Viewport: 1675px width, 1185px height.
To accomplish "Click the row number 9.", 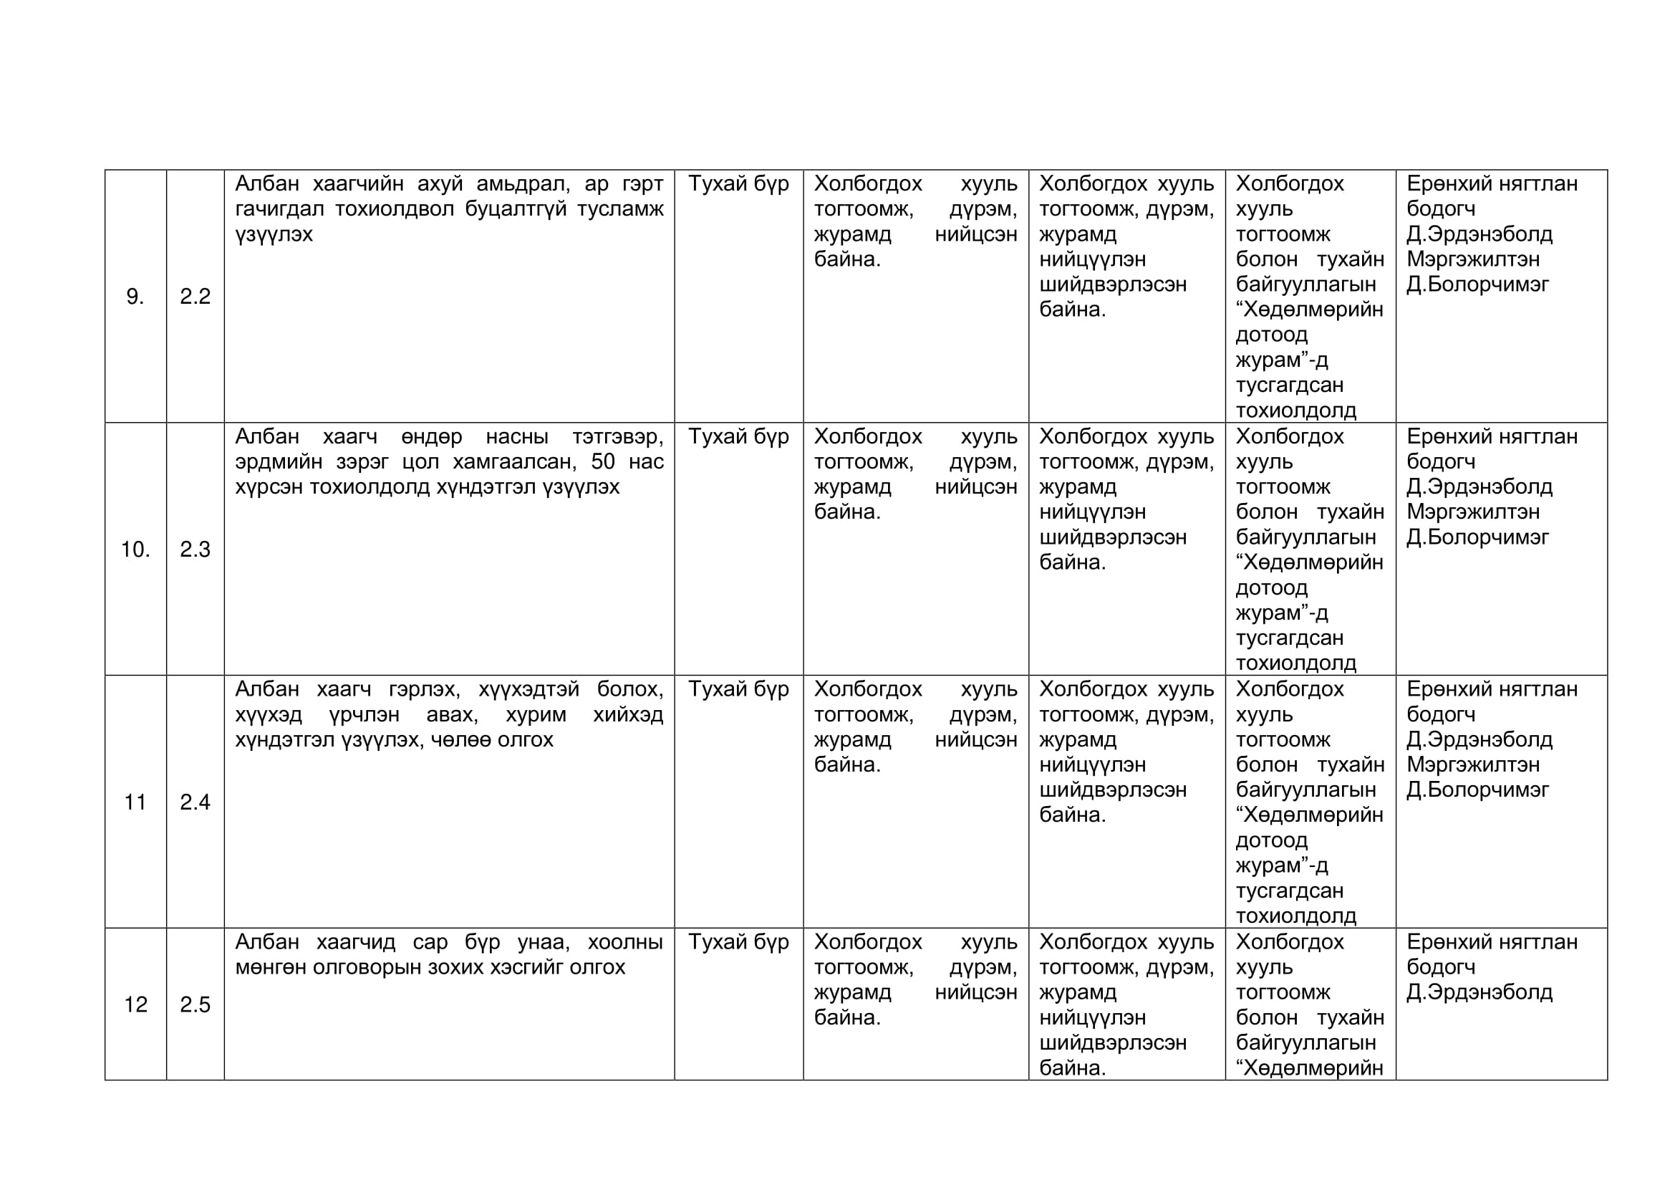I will tap(135, 297).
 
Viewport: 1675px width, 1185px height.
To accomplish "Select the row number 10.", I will tap(135, 550).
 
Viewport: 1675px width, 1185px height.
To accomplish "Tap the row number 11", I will tap(135, 802).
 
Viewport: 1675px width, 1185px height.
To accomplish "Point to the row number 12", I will tap(135, 1004).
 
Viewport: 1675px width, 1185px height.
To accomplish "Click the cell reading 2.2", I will tap(195, 297).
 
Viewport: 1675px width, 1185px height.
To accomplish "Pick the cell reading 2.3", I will tap(195, 550).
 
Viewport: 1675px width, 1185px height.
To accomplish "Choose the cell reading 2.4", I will tap(195, 802).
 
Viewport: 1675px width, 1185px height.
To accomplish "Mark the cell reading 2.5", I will tap(195, 1004).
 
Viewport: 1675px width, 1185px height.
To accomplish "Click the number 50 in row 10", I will tap(603, 462).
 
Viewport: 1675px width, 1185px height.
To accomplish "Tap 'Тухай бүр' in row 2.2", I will tap(738, 184).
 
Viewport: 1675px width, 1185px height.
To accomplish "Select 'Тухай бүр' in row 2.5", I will tap(738, 942).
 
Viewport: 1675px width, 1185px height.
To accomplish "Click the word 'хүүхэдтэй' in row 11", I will tap(529, 689).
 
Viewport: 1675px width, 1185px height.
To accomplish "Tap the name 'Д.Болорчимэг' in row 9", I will tap(1477, 284).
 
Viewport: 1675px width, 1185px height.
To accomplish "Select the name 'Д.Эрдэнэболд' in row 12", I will tap(1479, 992).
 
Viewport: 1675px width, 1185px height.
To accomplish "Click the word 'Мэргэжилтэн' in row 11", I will tap(1473, 764).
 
